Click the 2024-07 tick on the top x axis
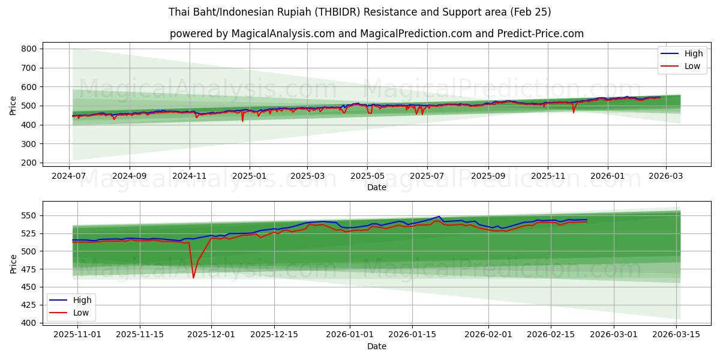point(69,176)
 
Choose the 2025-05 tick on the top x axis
point(367,176)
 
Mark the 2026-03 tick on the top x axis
point(665,176)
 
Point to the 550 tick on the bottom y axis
point(29,215)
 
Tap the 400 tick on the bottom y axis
point(29,323)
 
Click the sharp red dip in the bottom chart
point(193,277)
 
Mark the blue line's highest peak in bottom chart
point(439,217)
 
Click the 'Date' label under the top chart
point(376,187)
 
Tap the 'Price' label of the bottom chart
point(13,263)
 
